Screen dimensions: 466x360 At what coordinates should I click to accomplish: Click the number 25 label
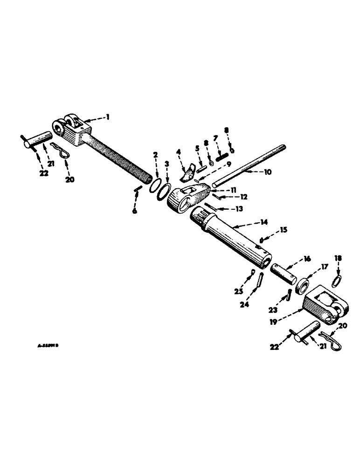(238, 292)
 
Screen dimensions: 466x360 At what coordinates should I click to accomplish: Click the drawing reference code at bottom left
(48, 346)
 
